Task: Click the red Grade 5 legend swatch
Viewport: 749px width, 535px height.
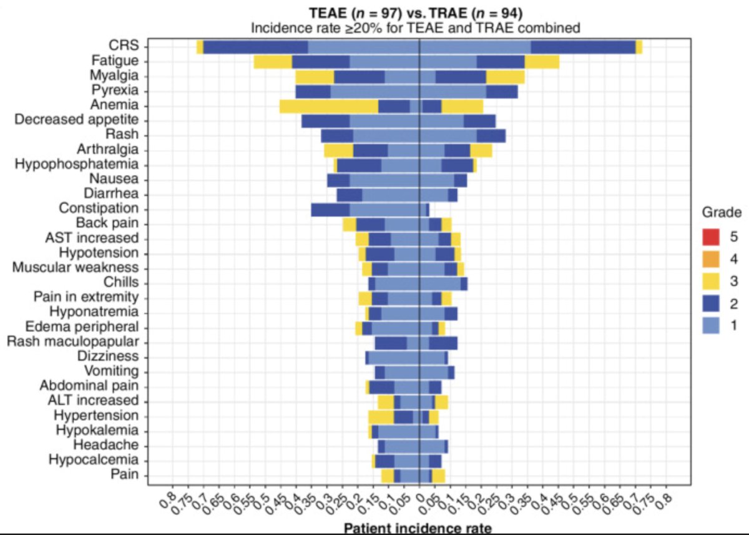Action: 710,237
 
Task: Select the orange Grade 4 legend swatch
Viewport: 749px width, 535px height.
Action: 710,259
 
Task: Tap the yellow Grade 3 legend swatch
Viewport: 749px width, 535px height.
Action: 710,281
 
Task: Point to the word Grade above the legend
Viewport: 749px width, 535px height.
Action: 722,212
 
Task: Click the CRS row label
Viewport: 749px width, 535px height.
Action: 124,45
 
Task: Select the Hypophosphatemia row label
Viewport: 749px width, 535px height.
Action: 77,164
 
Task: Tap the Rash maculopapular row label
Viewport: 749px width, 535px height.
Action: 73,341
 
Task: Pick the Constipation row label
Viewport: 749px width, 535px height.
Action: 99,209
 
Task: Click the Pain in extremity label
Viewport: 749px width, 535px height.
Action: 86,297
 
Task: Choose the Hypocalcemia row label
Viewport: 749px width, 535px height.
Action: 94,459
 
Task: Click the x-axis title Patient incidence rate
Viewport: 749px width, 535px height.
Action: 418,529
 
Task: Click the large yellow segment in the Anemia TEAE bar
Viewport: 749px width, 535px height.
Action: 329,107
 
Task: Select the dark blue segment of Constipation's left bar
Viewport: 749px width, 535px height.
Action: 330,210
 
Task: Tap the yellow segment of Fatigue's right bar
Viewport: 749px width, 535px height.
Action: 542,62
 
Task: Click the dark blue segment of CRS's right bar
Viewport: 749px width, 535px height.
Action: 583,47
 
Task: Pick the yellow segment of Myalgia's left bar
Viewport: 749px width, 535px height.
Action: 315,77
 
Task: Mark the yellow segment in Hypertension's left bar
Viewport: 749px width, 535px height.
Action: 381,417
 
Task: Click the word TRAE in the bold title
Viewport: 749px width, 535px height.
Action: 448,13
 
